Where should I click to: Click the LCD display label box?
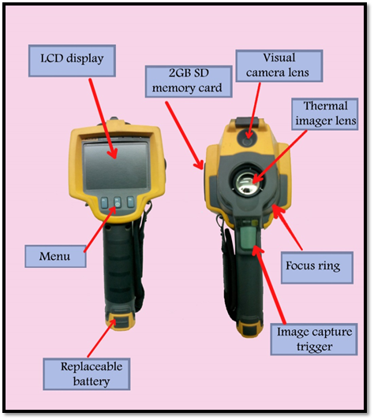coord(72,61)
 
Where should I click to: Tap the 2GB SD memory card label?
coord(189,81)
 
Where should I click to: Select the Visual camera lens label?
coord(279,65)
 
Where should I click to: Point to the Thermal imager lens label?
coord(325,114)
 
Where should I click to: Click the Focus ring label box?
coord(317,268)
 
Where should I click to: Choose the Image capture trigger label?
coord(314,339)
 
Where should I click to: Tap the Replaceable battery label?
coord(87,374)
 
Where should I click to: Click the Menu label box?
coord(55,256)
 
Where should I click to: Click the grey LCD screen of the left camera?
coord(115,165)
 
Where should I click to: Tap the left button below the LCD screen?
coord(104,203)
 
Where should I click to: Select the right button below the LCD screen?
coord(130,202)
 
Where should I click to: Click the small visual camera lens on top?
coord(247,139)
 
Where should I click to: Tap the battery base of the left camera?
coord(119,321)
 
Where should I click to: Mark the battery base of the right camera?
coord(249,329)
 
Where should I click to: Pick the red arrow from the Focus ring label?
coord(287,228)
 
